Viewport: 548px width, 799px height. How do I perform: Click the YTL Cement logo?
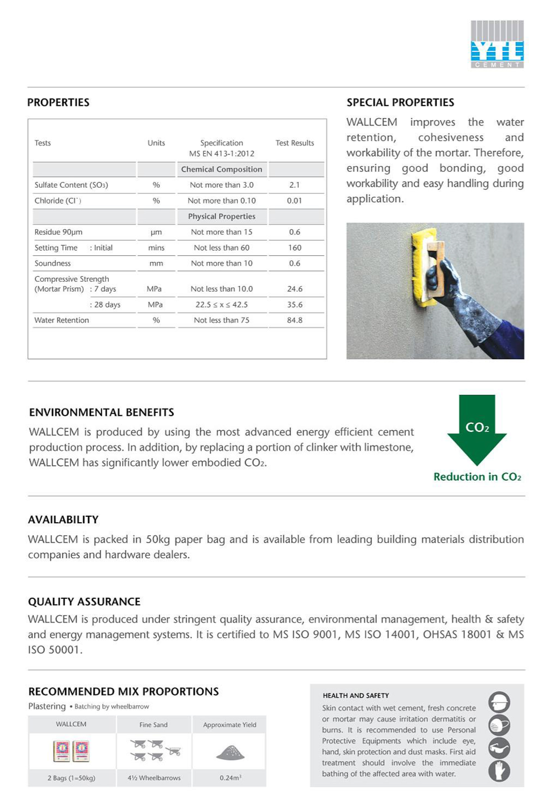pos(497,44)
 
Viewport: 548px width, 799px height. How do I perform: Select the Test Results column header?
pos(294,143)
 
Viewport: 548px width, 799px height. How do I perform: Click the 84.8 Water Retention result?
pos(294,320)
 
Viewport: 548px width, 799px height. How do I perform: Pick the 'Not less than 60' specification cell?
pos(221,248)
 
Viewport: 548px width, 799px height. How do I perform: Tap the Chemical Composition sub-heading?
pos(221,169)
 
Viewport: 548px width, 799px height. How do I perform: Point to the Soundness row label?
pos(52,263)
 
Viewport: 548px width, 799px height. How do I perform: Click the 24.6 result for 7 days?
pos(294,289)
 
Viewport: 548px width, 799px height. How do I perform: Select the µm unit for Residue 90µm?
pos(156,232)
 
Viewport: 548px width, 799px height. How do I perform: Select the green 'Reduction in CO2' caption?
pos(477,477)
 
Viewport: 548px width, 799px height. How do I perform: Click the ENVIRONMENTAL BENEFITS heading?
pos(101,412)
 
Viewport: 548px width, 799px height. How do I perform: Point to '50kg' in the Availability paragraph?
pos(158,539)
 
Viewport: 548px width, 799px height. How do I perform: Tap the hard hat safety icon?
pos(499,702)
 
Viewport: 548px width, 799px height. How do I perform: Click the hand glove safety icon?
pos(499,771)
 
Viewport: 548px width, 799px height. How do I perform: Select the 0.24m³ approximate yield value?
pos(230,778)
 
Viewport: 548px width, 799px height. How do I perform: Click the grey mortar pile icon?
pos(230,753)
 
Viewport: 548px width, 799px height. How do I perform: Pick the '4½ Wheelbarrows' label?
pos(154,778)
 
